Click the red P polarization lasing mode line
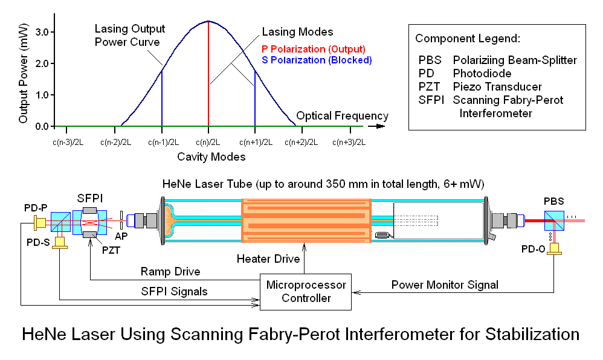208,72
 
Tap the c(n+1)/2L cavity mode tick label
255,143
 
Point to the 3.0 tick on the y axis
40,32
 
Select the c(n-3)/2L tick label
67,143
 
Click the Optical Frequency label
343,116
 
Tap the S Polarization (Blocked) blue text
317,60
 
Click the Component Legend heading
468,39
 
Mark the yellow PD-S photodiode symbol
60,242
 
